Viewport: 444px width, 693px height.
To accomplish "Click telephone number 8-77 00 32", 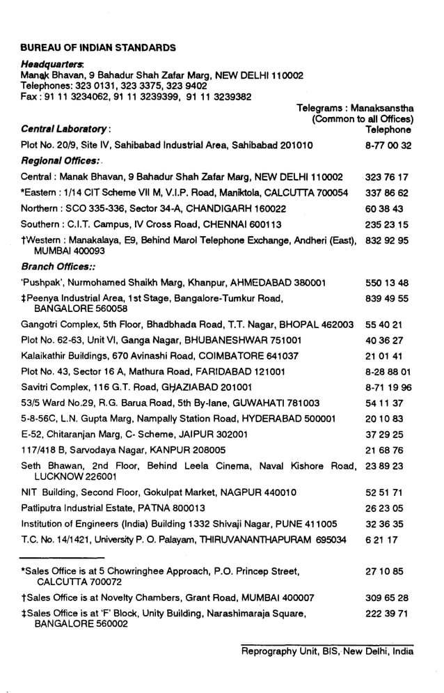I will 388,146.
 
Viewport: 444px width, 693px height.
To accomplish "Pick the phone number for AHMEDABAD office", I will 386,283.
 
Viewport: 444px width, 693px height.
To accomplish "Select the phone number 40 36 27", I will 383,341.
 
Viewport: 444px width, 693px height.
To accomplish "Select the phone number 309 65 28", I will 386,598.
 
